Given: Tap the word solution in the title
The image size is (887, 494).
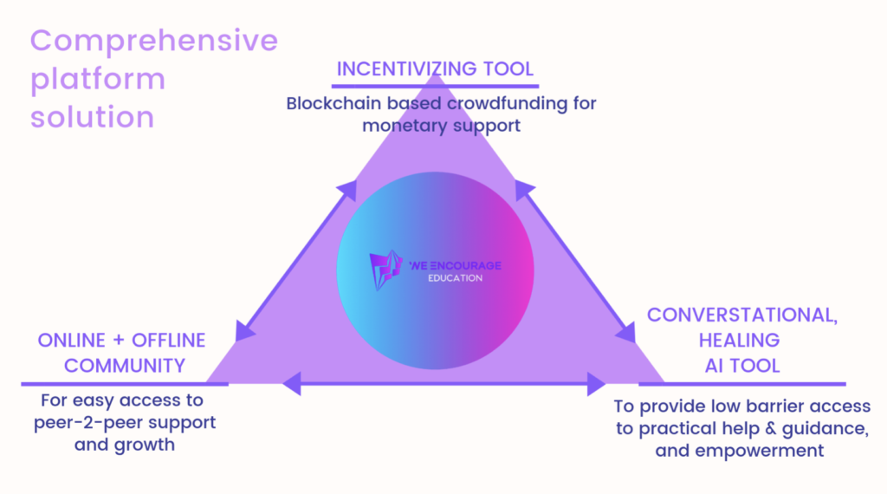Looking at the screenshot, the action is [92, 117].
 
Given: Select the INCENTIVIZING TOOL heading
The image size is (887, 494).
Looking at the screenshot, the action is [435, 69].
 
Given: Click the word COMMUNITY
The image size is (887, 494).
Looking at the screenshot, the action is [125, 366].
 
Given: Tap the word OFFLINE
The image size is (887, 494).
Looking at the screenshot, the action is [169, 341].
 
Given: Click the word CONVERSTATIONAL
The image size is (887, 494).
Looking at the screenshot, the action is [742, 315].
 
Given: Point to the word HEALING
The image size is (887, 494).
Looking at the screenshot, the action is [740, 340].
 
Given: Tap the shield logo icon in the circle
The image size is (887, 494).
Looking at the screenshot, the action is [385, 270].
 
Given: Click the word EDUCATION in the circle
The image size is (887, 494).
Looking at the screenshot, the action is [456, 278].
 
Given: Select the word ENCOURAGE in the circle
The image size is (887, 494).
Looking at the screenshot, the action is [465, 265].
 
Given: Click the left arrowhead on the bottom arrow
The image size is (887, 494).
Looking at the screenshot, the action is [292, 384].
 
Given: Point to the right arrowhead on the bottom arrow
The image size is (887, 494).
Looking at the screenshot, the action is [597, 384].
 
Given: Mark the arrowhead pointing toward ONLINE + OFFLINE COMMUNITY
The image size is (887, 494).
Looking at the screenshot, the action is [244, 331].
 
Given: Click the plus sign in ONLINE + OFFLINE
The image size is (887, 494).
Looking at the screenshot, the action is [118, 341].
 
